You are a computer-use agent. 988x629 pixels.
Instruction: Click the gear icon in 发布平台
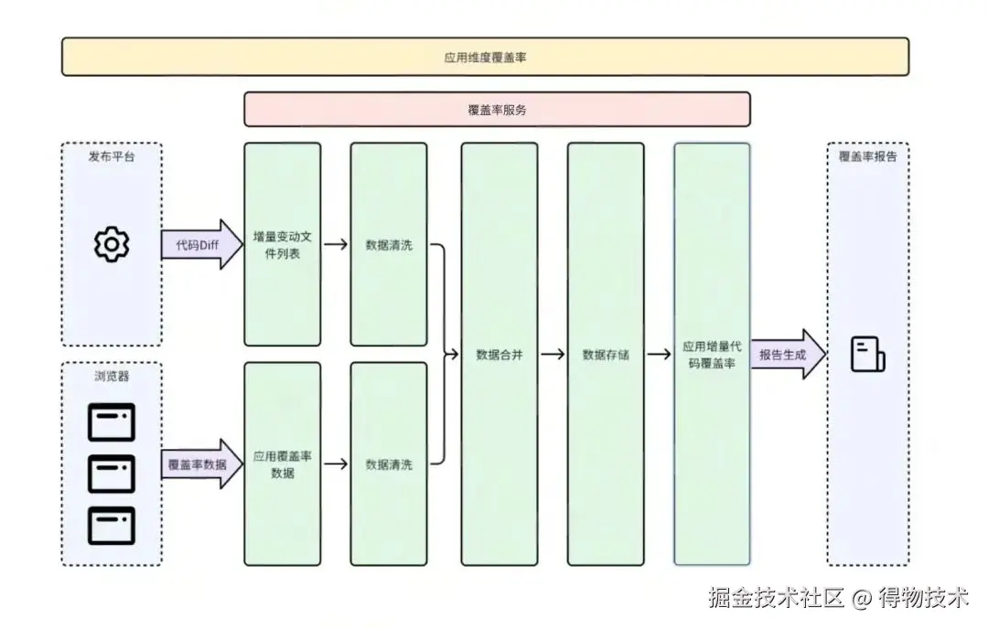(x=112, y=244)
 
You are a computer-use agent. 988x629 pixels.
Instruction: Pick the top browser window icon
(x=112, y=422)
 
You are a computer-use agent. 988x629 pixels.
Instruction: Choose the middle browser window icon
(x=112, y=474)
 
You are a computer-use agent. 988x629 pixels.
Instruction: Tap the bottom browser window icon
(x=112, y=526)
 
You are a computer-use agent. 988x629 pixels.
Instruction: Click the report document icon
(x=867, y=354)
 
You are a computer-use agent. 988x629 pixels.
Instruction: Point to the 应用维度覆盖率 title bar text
(x=485, y=57)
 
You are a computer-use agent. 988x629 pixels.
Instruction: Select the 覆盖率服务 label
(x=497, y=110)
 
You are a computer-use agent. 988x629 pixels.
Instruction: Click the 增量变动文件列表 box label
(x=282, y=245)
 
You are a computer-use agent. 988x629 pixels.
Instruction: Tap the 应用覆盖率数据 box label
(x=282, y=464)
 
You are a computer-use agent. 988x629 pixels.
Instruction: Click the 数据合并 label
(x=499, y=355)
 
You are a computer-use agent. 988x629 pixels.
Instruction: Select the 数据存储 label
(x=605, y=355)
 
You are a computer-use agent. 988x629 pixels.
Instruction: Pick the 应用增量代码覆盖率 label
(x=712, y=355)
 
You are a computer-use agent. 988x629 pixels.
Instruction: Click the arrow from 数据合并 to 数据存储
(x=553, y=355)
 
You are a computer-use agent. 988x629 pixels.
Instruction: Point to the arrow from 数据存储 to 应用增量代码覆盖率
(x=659, y=355)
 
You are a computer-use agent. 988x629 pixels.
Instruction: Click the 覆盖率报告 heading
(x=867, y=156)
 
